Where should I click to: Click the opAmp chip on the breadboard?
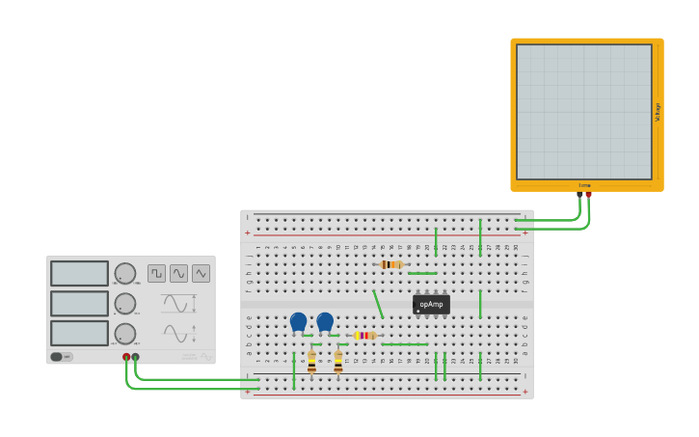tap(431, 304)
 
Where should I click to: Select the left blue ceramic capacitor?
tap(298, 321)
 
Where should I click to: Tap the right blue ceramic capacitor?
tap(325, 321)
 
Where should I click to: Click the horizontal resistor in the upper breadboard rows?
tap(390, 264)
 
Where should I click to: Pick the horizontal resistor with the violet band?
tap(364, 335)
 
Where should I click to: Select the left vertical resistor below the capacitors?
tap(311, 362)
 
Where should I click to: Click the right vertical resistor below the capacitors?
tap(338, 362)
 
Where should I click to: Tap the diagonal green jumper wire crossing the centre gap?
tap(378, 304)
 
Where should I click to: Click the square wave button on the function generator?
tap(156, 273)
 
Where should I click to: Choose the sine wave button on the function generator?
tap(178, 273)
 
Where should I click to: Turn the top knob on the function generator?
tap(125, 273)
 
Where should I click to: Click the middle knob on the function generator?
tap(125, 303)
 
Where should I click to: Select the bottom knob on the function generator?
tap(125, 333)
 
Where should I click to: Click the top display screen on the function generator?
tap(79, 273)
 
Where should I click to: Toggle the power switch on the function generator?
tap(61, 356)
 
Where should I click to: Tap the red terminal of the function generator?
tap(126, 357)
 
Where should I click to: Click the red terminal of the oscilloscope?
tap(588, 195)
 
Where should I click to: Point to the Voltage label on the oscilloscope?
tap(658, 112)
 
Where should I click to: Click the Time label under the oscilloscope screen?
tap(584, 185)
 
